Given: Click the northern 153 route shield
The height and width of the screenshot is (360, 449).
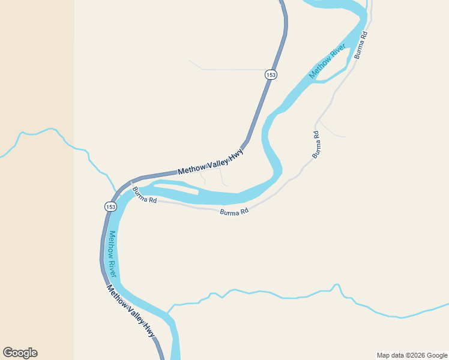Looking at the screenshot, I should click(271, 74).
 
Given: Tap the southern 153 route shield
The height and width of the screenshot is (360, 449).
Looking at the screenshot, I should click(110, 206).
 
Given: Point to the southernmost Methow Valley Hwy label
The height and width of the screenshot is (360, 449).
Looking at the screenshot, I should click(131, 310).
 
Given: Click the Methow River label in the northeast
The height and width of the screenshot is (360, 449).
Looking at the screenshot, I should click(328, 61).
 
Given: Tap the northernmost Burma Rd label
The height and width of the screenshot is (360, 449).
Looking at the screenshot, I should click(360, 44).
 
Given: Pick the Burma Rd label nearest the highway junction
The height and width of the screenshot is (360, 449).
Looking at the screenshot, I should click(144, 196).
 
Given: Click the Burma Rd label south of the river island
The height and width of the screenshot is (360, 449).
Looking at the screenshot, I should click(234, 212).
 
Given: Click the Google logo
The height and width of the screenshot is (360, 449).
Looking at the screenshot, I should click(20, 353).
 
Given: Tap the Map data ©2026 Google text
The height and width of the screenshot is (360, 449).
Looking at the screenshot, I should click(412, 355).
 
